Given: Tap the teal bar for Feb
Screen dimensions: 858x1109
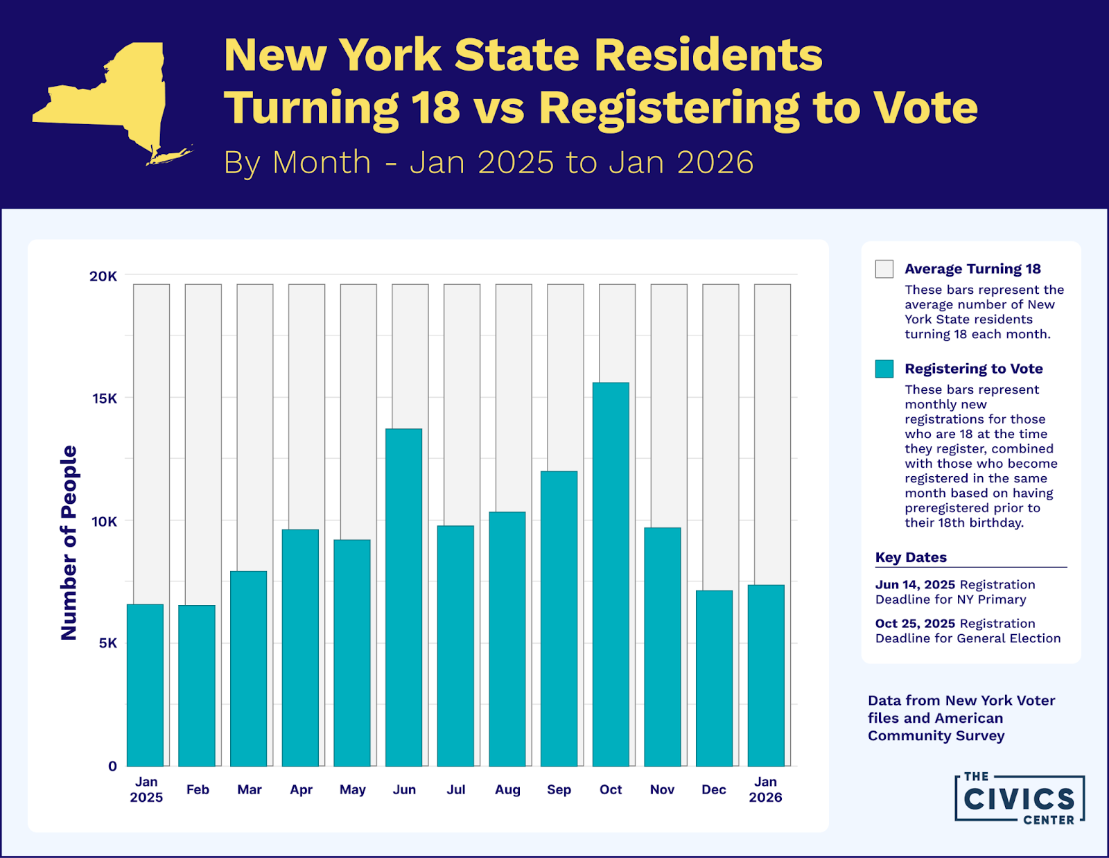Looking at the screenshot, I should (x=197, y=685).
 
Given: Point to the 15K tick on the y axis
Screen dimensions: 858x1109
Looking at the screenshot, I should (x=105, y=399).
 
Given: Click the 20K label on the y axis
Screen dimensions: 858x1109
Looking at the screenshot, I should (x=103, y=276).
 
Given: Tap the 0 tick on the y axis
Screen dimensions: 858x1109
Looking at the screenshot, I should (x=112, y=766).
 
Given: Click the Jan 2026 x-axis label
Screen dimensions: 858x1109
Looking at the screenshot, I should (x=765, y=789).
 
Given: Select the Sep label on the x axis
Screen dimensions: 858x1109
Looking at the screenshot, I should (x=559, y=789).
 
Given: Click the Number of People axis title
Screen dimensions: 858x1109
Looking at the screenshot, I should (x=69, y=543).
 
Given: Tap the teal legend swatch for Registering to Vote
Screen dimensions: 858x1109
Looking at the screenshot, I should (x=884, y=369).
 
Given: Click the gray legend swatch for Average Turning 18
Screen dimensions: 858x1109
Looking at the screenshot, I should (x=884, y=269).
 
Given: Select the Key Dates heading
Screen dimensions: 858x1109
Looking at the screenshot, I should (x=911, y=557).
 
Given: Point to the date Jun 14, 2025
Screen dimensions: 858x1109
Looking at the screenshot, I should (x=915, y=584).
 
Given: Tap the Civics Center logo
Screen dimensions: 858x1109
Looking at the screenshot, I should (x=1019, y=799).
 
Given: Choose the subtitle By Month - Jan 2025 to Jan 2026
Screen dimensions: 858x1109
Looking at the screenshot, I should (x=488, y=162).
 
